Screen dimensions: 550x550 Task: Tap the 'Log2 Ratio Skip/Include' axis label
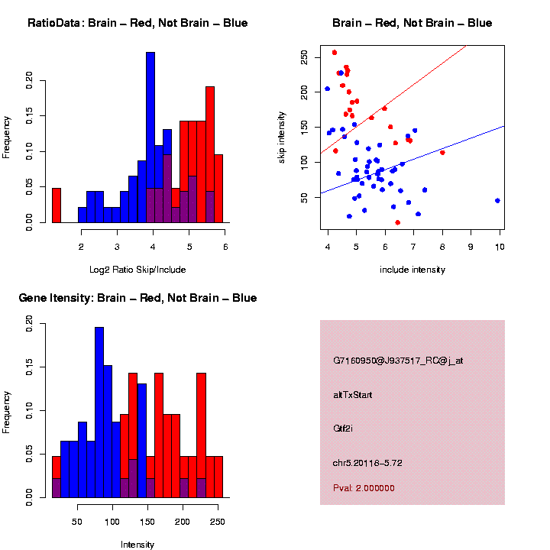point(137,269)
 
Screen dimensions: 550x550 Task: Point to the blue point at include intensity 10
point(497,200)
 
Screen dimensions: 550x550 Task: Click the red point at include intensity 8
point(442,152)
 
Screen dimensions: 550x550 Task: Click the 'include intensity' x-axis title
point(412,269)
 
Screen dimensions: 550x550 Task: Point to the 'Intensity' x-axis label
point(137,545)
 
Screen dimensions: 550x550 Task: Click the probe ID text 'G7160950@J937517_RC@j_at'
point(398,361)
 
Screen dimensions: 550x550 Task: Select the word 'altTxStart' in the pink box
point(353,395)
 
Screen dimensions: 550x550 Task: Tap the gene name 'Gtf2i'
point(342,429)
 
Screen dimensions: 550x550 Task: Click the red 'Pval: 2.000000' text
point(364,487)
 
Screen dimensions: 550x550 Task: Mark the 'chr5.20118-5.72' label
point(367,463)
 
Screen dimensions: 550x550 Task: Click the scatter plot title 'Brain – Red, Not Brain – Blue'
point(412,23)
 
